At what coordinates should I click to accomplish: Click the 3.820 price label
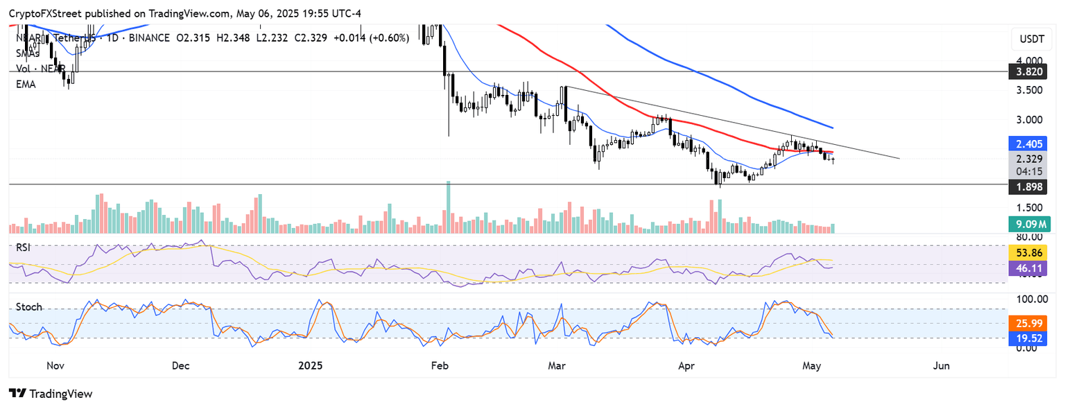click(x=1030, y=71)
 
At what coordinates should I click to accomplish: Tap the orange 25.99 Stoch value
click(x=1030, y=323)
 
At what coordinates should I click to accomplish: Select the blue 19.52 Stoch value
click(x=1030, y=338)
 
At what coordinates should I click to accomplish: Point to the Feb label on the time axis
click(x=438, y=365)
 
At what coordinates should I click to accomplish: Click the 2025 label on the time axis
click(x=309, y=365)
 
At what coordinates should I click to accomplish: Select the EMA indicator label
click(x=26, y=84)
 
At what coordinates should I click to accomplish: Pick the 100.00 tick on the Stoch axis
click(x=1030, y=299)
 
